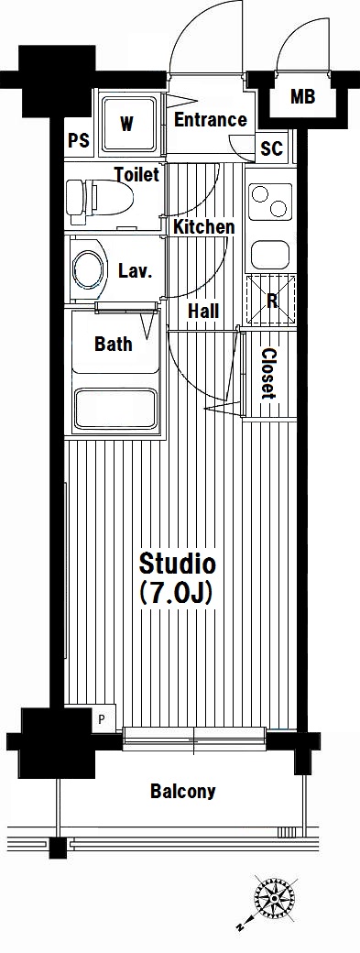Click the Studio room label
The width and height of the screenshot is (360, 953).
(x=178, y=564)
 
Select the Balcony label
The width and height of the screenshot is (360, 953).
(x=182, y=792)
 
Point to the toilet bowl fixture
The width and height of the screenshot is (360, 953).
(x=99, y=198)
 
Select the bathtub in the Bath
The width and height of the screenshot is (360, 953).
(x=115, y=408)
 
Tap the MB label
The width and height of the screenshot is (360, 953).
(x=302, y=97)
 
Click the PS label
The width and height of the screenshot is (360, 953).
(x=78, y=141)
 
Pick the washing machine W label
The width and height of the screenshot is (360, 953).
(x=126, y=125)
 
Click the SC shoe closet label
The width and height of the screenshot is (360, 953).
(x=271, y=148)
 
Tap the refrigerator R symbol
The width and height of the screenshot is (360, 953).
(x=271, y=300)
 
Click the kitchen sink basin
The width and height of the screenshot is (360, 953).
(x=271, y=255)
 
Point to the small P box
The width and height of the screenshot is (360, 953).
(x=103, y=721)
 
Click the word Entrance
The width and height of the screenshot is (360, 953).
(x=211, y=120)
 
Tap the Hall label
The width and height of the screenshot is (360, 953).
(x=203, y=312)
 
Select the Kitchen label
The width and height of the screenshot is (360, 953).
(x=204, y=227)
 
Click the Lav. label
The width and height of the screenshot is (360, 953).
(x=134, y=271)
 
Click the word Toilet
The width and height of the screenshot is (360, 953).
(x=137, y=175)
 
